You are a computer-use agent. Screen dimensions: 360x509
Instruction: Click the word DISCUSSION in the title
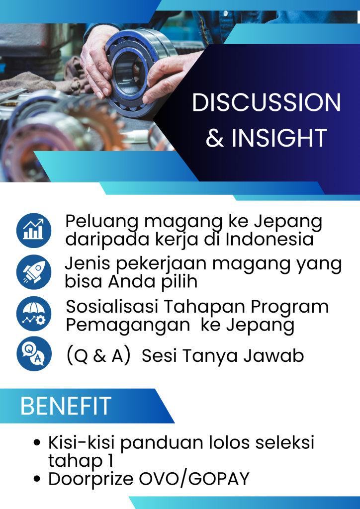tap(267, 102)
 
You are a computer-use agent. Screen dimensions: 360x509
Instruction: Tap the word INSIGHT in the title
tap(279, 138)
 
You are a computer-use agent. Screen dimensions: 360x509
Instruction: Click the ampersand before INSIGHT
tap(215, 138)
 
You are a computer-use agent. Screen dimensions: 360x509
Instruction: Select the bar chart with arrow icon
tap(34, 231)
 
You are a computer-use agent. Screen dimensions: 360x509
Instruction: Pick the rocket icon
tap(34, 272)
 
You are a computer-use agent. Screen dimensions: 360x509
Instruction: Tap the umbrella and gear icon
tap(34, 314)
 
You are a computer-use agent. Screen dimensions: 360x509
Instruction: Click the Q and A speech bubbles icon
tap(34, 354)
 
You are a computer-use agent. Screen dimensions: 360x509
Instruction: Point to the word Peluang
tap(102, 222)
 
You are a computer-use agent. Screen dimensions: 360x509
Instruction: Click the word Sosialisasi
tap(112, 307)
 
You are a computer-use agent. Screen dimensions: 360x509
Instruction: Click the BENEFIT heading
tap(66, 406)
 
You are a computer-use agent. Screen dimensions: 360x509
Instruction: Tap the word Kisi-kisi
tap(82, 442)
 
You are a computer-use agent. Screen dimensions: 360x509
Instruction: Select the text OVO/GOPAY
tap(194, 479)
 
